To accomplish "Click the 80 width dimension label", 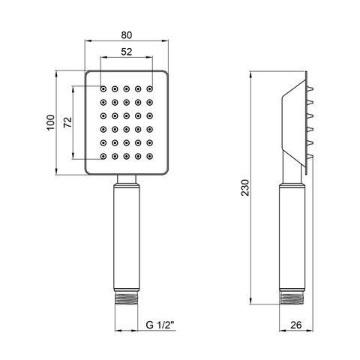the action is tap(127, 35).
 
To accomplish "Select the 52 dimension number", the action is tap(127, 52).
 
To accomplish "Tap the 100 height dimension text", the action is tap(50, 122).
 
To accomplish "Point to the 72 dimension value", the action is tap(67, 122).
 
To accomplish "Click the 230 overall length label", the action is tap(245, 187).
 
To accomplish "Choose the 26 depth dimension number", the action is tap(296, 325).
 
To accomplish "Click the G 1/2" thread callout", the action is tap(160, 325).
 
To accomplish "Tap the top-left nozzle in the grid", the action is tap(103, 88).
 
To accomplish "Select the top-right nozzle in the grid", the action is tap(149, 88).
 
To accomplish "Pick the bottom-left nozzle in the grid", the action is tap(103, 157).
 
